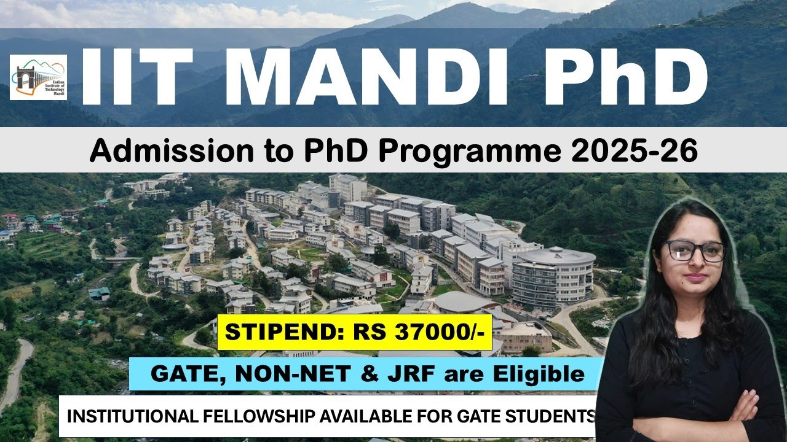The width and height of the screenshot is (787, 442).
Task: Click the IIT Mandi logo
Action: click(x=38, y=77)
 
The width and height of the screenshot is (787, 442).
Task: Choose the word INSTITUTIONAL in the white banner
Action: click(x=129, y=416)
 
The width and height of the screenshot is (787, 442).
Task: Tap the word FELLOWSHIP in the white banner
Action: click(x=258, y=416)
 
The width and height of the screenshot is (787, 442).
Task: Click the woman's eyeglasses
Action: click(x=694, y=250)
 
